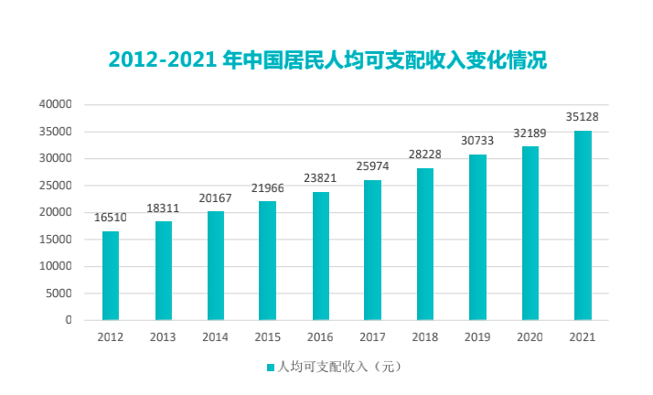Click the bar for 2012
pyautogui.click(x=111, y=276)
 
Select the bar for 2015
pyautogui.click(x=267, y=262)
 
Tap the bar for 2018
pyautogui.click(x=425, y=244)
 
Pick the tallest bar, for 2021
pyautogui.click(x=583, y=226)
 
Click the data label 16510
pyautogui.click(x=111, y=219)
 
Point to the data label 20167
pyautogui.click(x=215, y=199)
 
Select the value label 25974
pyautogui.click(x=372, y=167)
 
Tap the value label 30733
pyautogui.click(x=477, y=142)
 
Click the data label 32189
pyautogui.click(x=530, y=133)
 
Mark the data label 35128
pyautogui.click(x=583, y=117)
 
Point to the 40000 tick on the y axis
pyautogui.click(x=55, y=104)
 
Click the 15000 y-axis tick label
pyautogui.click(x=55, y=240)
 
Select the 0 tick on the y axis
pyautogui.click(x=68, y=321)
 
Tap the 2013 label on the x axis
pyautogui.click(x=163, y=337)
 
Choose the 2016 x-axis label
pyautogui.click(x=320, y=337)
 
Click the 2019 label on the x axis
pyautogui.click(x=477, y=337)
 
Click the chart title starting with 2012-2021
pyautogui.click(x=326, y=61)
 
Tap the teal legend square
pyautogui.click(x=270, y=368)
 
